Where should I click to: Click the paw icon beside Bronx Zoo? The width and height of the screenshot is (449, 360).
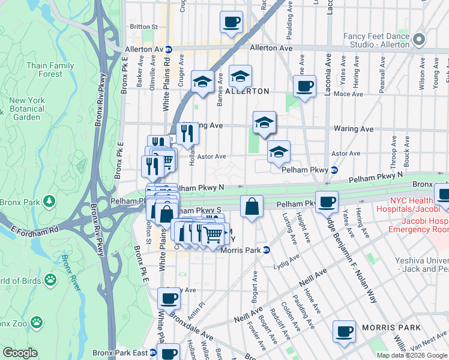(x=37, y=323)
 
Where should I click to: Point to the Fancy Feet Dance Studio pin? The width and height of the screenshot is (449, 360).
(x=419, y=40)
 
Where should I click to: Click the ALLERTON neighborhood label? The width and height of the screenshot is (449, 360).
(x=247, y=91)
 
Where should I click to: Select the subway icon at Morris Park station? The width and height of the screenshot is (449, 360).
(x=266, y=250)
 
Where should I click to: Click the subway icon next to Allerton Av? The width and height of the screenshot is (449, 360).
(x=169, y=49)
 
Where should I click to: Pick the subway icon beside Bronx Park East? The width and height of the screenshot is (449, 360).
(x=152, y=353)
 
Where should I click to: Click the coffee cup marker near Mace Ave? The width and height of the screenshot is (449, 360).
(x=305, y=86)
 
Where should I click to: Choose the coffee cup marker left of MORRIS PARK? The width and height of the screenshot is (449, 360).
(x=345, y=331)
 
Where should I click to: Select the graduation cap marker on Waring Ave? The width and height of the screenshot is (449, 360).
(x=264, y=122)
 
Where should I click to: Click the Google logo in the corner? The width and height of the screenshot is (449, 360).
(x=20, y=353)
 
